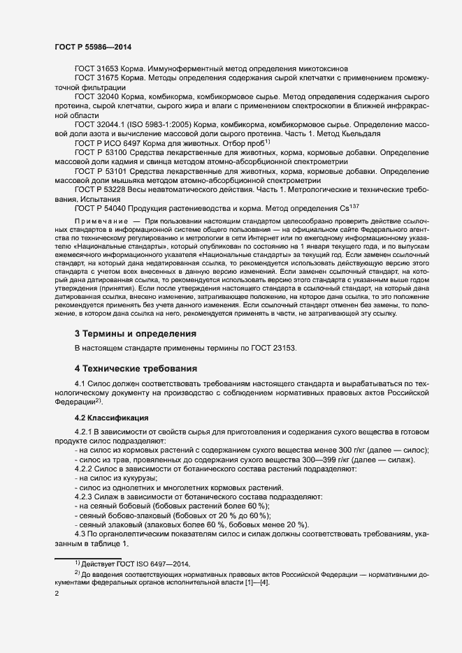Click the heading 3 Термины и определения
pos(136,334)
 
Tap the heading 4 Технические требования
pos(136,368)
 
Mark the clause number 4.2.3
pos(85,496)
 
